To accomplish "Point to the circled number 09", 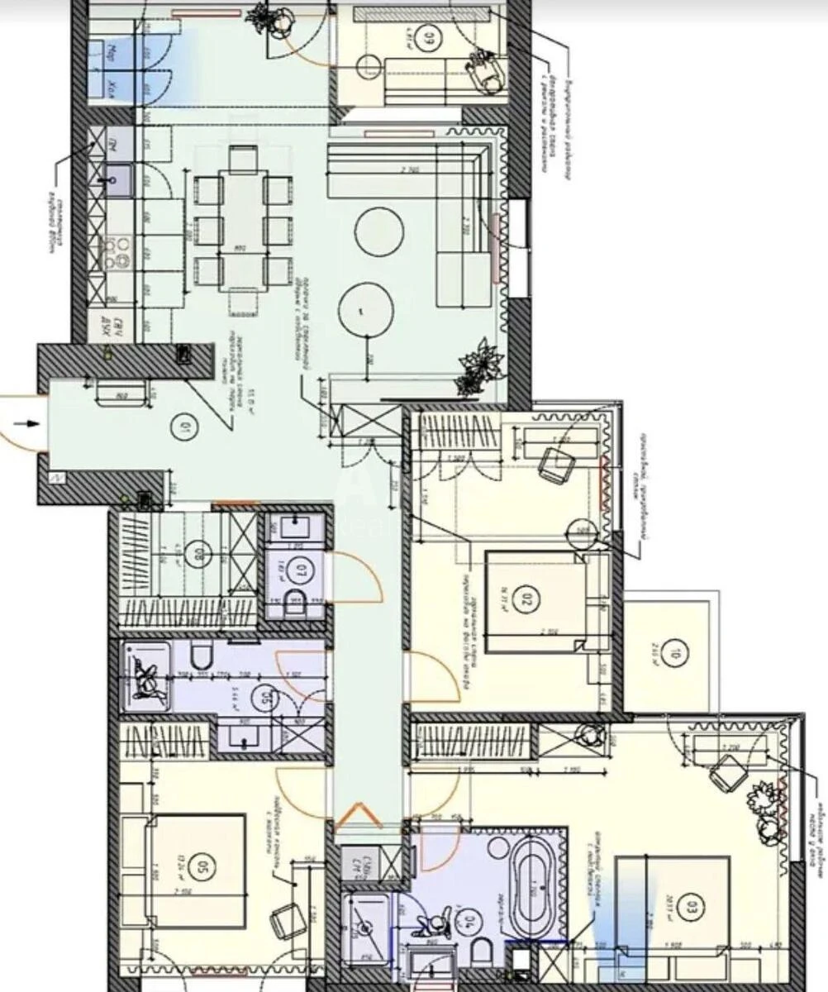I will [430, 38].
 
